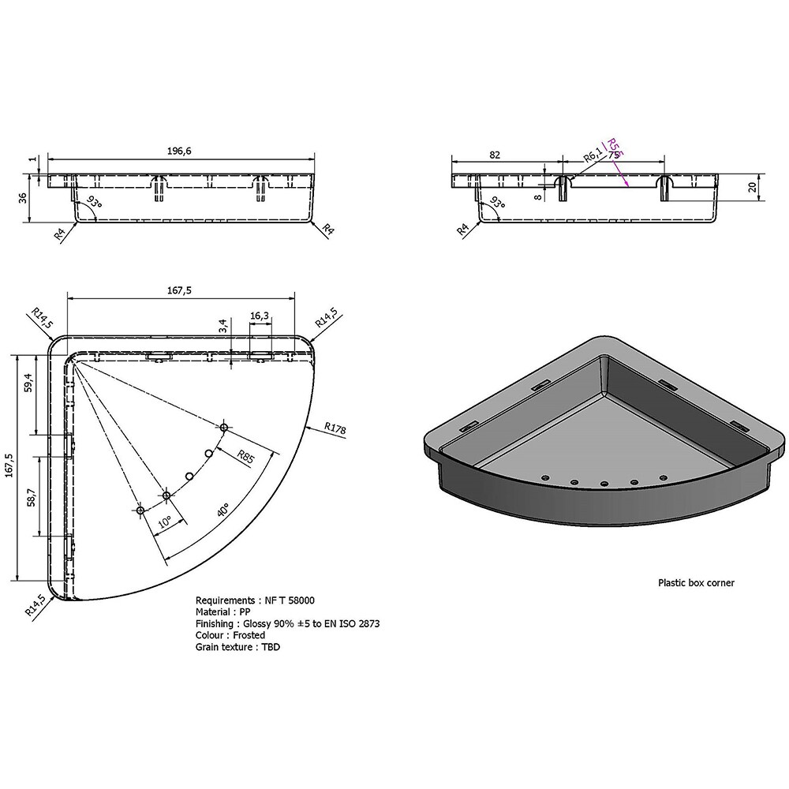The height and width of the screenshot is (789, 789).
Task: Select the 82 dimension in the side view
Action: [x=495, y=155]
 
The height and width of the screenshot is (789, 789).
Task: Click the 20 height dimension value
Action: [x=753, y=187]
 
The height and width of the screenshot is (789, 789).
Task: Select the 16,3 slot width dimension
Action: [x=260, y=316]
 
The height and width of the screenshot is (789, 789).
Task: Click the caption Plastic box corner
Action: [x=696, y=583]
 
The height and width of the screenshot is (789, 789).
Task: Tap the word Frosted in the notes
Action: [x=249, y=635]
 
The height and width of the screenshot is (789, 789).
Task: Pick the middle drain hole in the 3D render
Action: [x=604, y=484]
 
